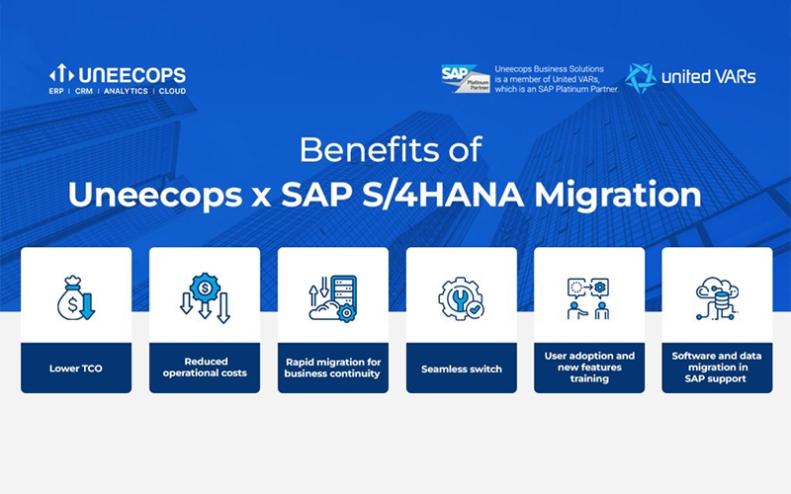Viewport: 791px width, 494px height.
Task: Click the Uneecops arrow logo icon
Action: tap(61, 73)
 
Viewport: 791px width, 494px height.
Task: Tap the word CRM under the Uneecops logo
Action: tap(84, 91)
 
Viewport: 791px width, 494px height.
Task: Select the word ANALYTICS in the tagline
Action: tap(126, 91)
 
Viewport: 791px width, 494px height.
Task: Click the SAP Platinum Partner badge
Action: tap(465, 78)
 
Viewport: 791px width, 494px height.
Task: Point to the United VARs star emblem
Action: tap(640, 78)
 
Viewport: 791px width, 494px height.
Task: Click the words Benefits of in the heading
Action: tap(391, 150)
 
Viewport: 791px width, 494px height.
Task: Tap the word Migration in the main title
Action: tap(618, 195)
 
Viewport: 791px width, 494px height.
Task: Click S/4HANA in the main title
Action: tap(443, 195)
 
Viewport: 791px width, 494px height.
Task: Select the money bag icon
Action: tap(76, 298)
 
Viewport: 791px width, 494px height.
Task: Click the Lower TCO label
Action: tap(76, 369)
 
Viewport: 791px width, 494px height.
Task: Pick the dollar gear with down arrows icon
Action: tap(205, 298)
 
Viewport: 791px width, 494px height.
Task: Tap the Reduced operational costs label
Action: tap(205, 368)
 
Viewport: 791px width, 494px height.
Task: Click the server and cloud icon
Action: tap(333, 298)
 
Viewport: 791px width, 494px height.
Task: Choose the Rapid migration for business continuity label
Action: tap(332, 368)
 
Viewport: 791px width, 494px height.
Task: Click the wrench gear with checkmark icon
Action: tap(461, 298)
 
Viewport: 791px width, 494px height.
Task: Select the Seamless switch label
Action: tap(462, 369)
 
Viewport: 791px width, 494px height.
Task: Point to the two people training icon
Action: tap(588, 298)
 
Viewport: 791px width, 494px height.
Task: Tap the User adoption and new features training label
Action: tap(589, 367)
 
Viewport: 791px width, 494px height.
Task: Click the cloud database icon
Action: tap(717, 298)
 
